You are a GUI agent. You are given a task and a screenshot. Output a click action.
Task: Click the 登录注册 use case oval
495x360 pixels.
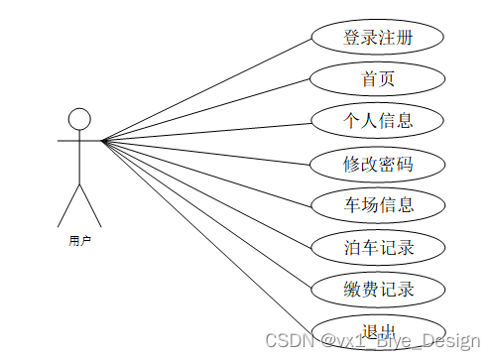pos(378,39)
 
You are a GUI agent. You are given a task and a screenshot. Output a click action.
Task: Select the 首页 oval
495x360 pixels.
pos(378,77)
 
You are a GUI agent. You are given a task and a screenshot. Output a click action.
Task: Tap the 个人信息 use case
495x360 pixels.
pos(378,120)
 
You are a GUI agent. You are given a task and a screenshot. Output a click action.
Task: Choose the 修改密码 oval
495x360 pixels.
pos(378,163)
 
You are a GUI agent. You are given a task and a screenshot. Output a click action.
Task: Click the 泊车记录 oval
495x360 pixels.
pos(378,247)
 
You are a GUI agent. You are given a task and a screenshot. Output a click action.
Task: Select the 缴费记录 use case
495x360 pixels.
pos(378,290)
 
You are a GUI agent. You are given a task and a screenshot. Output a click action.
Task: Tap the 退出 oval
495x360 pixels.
pos(378,331)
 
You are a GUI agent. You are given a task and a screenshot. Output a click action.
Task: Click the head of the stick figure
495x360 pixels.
pos(79,119)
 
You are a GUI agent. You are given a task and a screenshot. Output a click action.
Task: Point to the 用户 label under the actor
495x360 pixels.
pos(79,241)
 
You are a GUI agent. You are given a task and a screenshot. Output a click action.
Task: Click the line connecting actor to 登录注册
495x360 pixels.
pos(208,89)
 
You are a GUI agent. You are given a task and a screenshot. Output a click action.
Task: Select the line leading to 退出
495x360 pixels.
pos(208,236)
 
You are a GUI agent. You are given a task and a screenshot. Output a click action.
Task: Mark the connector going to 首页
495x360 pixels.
pos(208,109)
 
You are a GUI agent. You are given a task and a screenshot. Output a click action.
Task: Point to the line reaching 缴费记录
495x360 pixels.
pos(208,215)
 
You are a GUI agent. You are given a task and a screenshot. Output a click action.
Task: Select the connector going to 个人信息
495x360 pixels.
pos(208,130)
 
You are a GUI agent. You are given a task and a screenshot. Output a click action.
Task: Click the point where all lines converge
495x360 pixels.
pos(103,141)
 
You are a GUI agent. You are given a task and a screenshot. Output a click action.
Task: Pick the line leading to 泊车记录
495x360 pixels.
pos(208,193)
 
